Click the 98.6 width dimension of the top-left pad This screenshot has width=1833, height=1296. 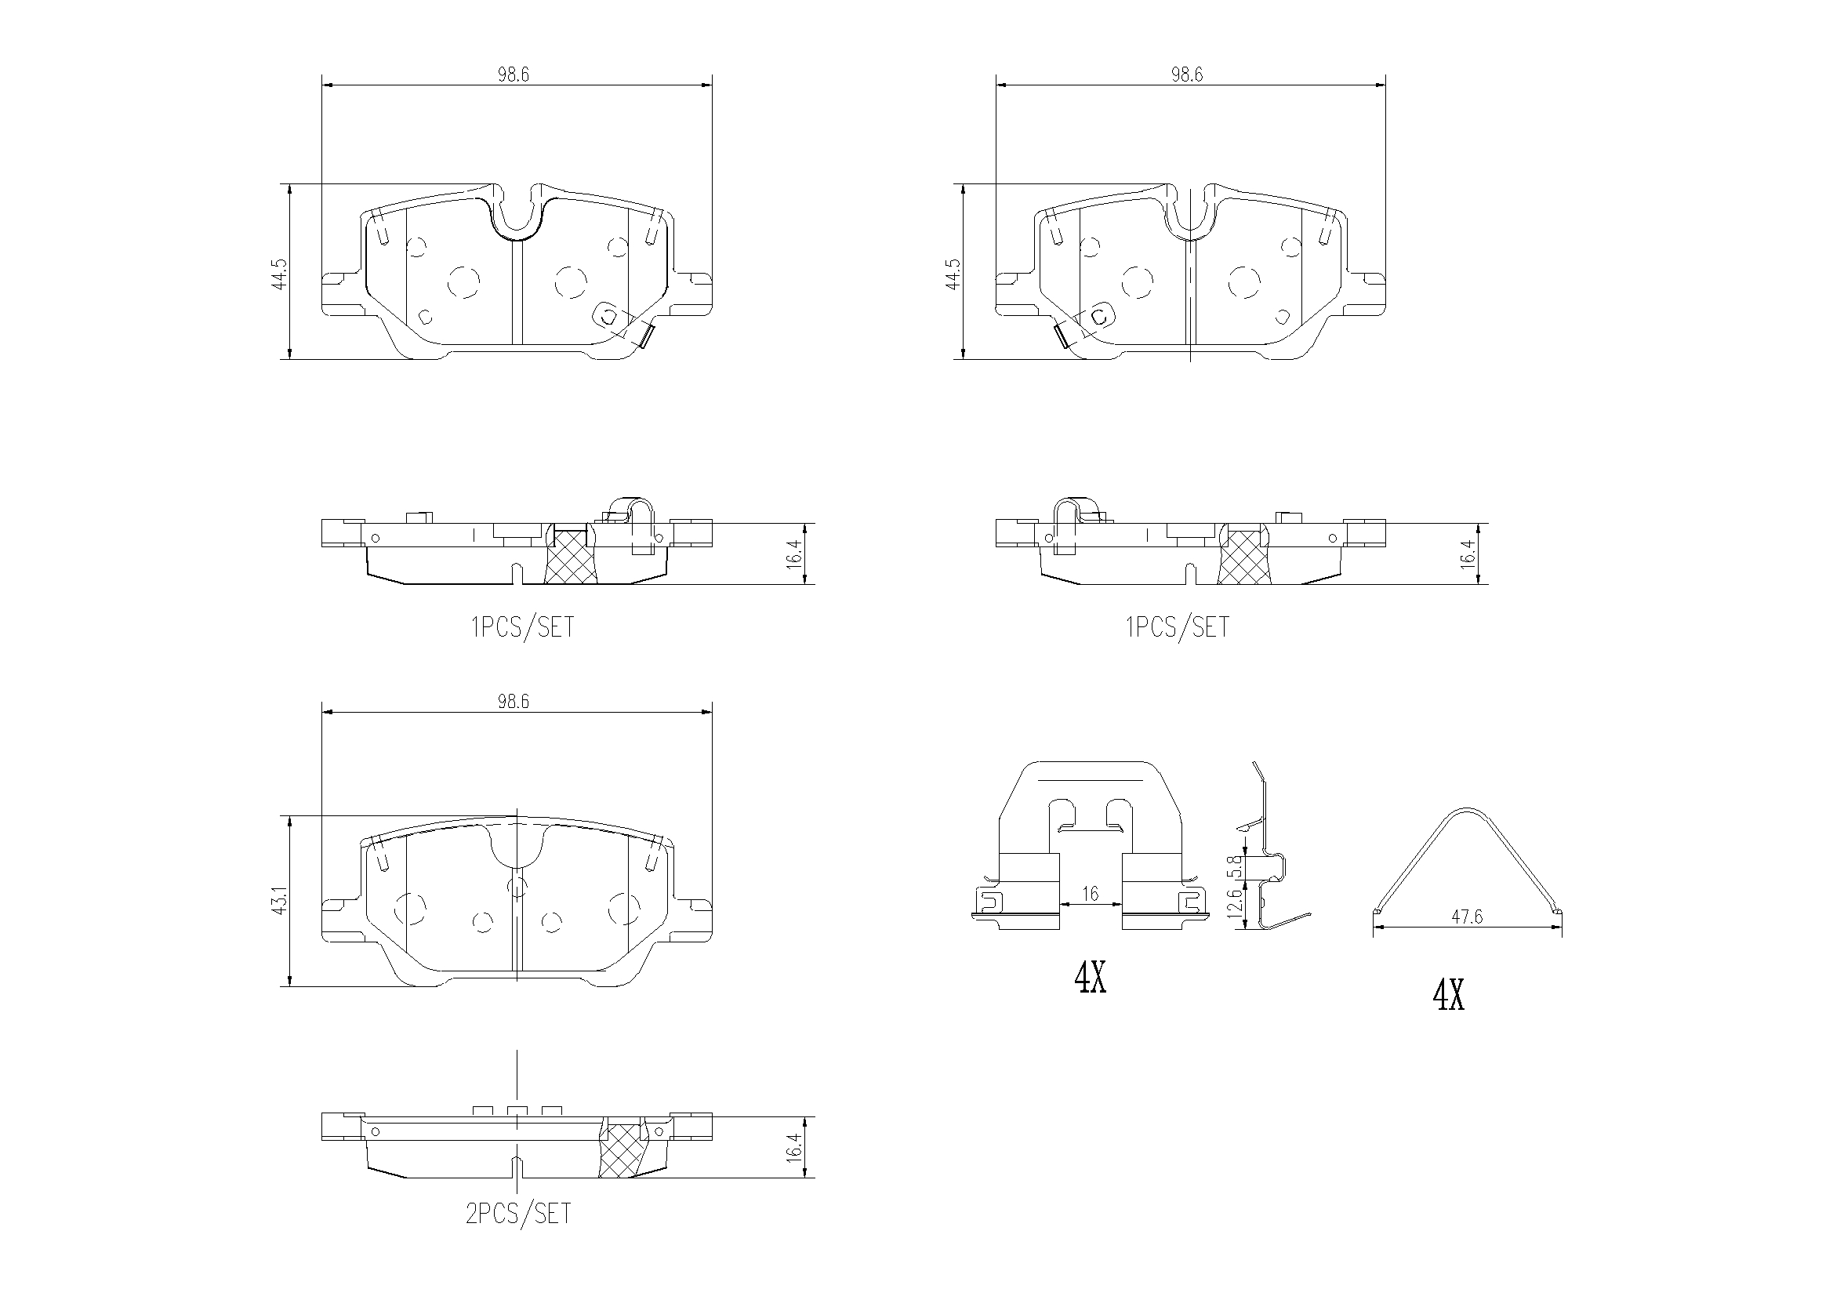514,75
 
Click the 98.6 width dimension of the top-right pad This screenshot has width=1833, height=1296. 1186,75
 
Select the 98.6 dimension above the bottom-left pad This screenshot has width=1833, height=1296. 514,702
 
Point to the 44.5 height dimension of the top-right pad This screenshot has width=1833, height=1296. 953,273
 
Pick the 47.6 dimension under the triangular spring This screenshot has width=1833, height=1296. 1467,917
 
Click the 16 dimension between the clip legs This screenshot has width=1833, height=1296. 1091,895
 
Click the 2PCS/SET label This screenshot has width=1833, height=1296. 519,1214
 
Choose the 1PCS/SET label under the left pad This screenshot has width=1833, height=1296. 523,628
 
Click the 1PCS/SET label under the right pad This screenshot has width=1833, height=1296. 1178,628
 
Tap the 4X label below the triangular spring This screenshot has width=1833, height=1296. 1448,996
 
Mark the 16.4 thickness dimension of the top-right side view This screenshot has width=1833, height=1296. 1468,554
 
